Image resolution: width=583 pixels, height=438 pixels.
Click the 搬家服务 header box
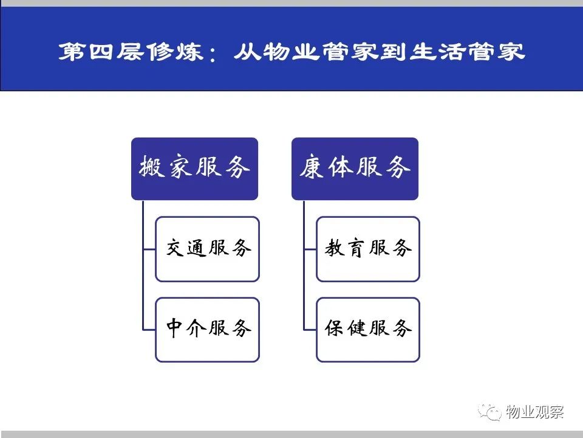click(x=194, y=169)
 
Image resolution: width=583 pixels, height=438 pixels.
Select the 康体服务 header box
click(x=355, y=169)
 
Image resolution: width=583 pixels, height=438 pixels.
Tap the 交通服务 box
click(x=207, y=249)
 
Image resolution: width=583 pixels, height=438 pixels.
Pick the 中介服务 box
click(x=207, y=330)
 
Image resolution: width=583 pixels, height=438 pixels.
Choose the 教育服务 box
click(x=368, y=249)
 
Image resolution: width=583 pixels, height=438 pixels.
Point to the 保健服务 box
click(x=368, y=330)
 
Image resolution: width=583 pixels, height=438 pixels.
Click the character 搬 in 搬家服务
click(x=152, y=167)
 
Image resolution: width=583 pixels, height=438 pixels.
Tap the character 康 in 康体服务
click(x=312, y=167)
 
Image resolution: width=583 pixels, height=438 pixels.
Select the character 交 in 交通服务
click(x=175, y=248)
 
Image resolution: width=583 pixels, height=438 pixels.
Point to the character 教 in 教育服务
click(x=335, y=248)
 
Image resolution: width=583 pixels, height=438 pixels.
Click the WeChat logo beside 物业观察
click(x=490, y=412)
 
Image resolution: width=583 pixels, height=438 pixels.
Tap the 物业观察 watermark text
click(x=534, y=412)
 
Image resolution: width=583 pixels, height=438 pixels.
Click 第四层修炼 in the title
click(x=131, y=51)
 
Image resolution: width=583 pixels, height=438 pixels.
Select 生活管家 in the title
click(x=468, y=51)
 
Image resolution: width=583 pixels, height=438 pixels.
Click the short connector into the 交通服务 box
click(x=149, y=249)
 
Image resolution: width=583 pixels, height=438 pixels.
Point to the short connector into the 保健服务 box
click(x=310, y=330)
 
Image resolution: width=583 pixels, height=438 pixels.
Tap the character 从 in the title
click(x=247, y=51)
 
